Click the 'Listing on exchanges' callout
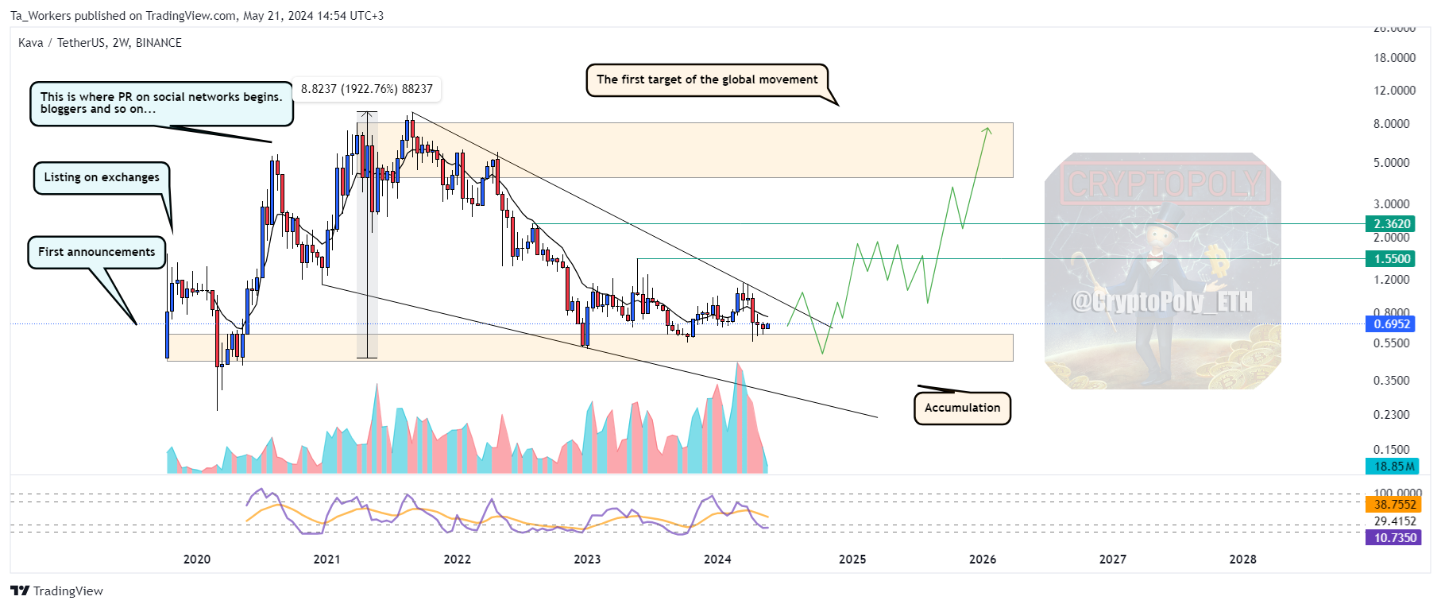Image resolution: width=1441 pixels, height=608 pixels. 101,177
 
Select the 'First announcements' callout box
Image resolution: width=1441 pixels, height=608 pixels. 97,252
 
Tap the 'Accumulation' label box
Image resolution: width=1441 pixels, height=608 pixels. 962,408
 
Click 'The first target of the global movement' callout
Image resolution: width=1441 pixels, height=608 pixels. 706,79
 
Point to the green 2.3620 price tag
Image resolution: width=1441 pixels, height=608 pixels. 1392,224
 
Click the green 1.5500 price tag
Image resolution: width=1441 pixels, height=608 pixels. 1392,259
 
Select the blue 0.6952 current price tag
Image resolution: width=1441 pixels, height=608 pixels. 1392,324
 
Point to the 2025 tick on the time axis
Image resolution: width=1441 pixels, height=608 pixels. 852,560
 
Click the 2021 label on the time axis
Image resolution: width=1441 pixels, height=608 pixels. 326,560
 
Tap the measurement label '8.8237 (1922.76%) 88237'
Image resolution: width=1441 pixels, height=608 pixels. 366,89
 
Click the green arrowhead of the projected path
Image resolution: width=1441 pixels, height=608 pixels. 987,130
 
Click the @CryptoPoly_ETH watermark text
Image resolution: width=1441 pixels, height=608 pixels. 1161,302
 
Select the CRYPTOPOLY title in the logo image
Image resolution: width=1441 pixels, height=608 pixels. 1163,184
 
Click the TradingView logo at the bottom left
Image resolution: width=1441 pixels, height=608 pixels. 56,591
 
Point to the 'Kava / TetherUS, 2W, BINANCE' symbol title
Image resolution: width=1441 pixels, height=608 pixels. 100,43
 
